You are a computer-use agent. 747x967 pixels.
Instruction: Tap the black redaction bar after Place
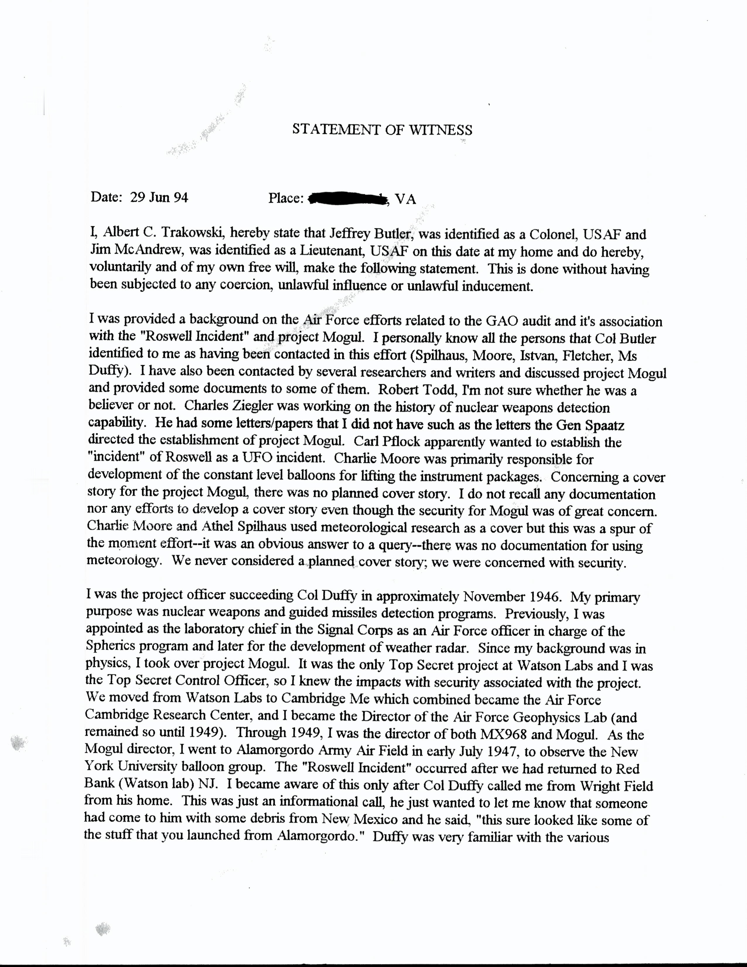(348, 199)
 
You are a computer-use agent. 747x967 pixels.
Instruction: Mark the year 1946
(546, 597)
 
